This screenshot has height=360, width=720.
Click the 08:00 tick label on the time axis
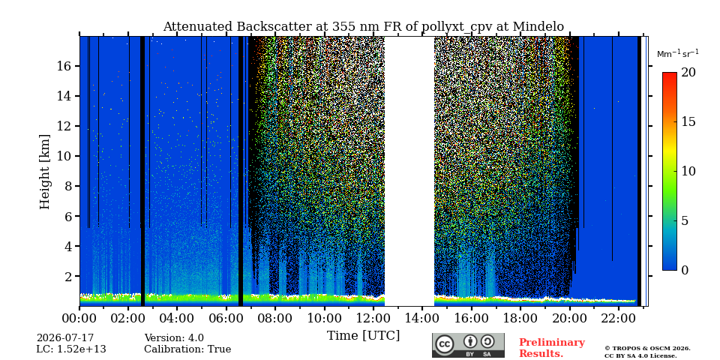click(275, 318)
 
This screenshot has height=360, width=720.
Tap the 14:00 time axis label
click(422, 318)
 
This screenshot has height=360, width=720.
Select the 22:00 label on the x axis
click(619, 318)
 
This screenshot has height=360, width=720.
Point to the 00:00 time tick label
click(80, 318)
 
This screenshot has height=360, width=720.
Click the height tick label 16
click(66, 66)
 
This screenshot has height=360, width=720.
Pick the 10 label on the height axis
click(66, 156)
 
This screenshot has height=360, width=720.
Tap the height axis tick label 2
click(69, 277)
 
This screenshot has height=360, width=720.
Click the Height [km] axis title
click(44, 172)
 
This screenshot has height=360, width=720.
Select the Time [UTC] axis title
click(363, 336)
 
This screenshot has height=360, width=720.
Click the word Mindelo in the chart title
click(538, 27)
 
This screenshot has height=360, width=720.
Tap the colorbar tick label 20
click(688, 73)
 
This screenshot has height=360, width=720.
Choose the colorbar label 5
click(685, 220)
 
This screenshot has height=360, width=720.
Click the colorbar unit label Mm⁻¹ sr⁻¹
click(678, 54)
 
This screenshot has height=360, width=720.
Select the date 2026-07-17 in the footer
click(65, 338)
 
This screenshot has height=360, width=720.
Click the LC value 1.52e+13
click(81, 349)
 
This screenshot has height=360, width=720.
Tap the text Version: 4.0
click(174, 338)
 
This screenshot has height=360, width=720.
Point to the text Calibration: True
click(187, 349)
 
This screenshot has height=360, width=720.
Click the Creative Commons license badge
click(468, 345)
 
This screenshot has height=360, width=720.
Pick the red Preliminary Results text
click(552, 348)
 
